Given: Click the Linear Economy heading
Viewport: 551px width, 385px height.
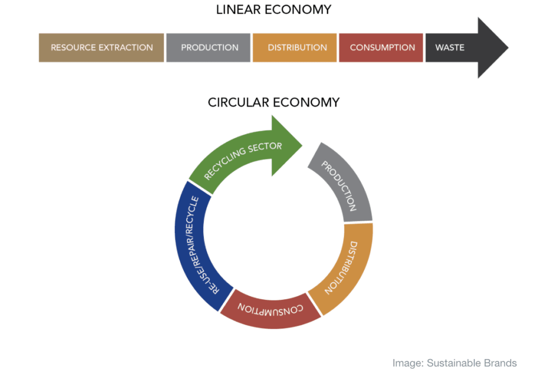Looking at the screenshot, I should (x=273, y=10).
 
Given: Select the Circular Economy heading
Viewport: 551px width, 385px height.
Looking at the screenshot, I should (x=273, y=102).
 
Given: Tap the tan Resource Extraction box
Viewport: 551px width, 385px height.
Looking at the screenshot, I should (x=101, y=47).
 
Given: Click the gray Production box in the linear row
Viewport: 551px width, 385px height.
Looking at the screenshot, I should (x=209, y=47).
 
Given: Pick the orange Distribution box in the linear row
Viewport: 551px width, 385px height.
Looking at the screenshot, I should (x=297, y=47).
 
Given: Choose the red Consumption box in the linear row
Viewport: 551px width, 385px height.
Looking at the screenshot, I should (x=382, y=47).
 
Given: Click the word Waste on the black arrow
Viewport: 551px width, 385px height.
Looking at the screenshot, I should (x=449, y=47).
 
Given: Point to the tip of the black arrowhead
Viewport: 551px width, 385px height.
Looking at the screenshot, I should (x=507, y=47).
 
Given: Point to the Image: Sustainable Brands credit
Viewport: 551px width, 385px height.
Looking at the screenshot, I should (x=454, y=363).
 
